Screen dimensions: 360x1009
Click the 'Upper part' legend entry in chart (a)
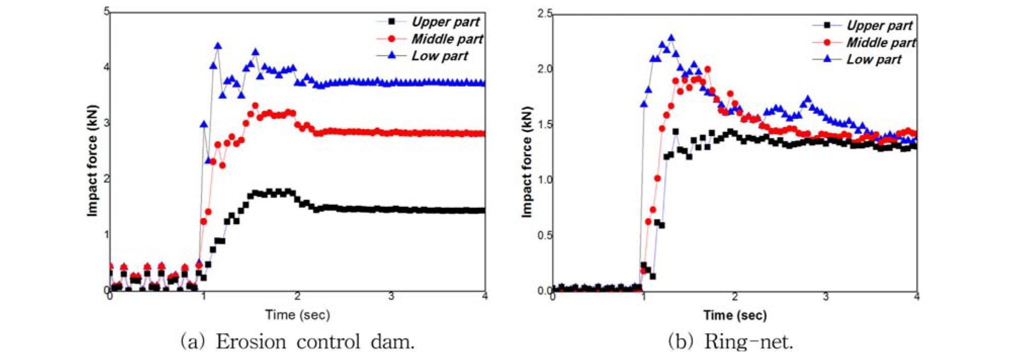point(445,22)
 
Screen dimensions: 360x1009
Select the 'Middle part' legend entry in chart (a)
point(447,39)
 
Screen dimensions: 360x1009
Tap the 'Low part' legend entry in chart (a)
point(440,56)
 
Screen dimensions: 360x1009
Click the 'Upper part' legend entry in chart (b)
point(880,25)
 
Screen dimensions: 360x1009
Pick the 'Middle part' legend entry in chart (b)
point(881,42)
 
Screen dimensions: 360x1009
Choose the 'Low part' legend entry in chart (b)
point(874,59)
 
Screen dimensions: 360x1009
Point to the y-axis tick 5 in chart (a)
point(107,11)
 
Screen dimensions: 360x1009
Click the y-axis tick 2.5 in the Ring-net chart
point(545,14)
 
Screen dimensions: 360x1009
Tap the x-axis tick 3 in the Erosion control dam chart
point(391,296)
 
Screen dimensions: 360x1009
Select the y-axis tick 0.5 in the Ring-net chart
point(545,236)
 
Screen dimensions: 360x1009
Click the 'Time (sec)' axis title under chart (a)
point(297,315)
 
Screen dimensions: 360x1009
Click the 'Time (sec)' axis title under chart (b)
point(735,316)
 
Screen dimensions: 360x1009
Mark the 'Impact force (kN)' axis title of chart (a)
point(92,161)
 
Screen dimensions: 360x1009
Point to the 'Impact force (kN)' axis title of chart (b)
point(527,162)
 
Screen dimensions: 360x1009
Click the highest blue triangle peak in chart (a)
point(218,46)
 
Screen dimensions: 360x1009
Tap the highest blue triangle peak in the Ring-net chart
point(671,38)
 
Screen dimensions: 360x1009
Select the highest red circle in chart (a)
point(255,106)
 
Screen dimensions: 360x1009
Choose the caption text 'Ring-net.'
point(749,342)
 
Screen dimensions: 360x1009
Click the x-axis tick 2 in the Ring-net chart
point(735,297)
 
